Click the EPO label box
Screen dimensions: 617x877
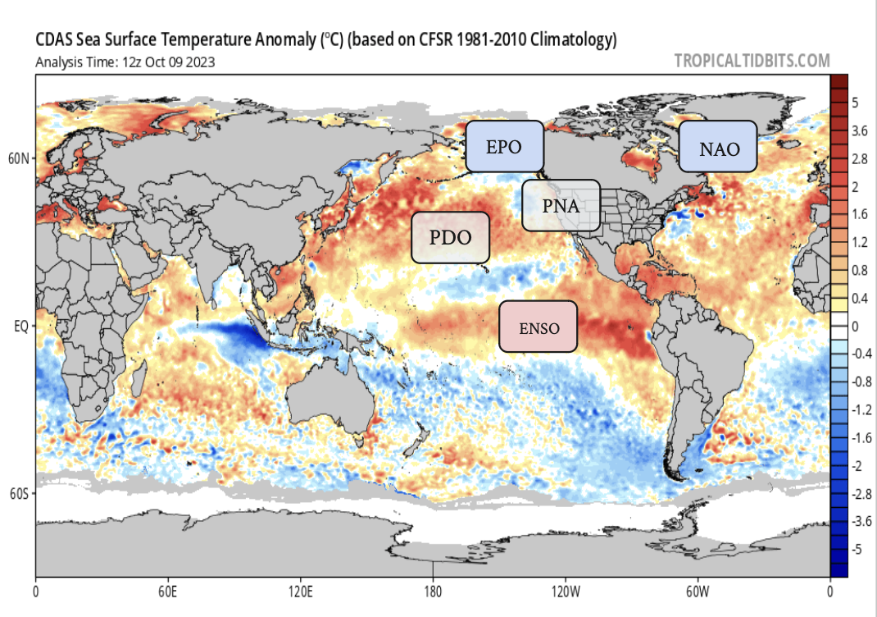(x=505, y=147)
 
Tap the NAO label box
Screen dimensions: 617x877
(x=719, y=149)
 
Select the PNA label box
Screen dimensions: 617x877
(x=561, y=205)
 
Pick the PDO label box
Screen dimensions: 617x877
(x=450, y=238)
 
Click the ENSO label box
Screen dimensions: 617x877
(x=538, y=327)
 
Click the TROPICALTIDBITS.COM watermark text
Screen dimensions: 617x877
(x=752, y=61)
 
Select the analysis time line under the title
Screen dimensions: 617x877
(x=125, y=62)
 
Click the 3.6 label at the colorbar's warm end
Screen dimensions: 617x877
(x=860, y=130)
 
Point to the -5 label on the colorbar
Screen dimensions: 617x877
(x=857, y=550)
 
